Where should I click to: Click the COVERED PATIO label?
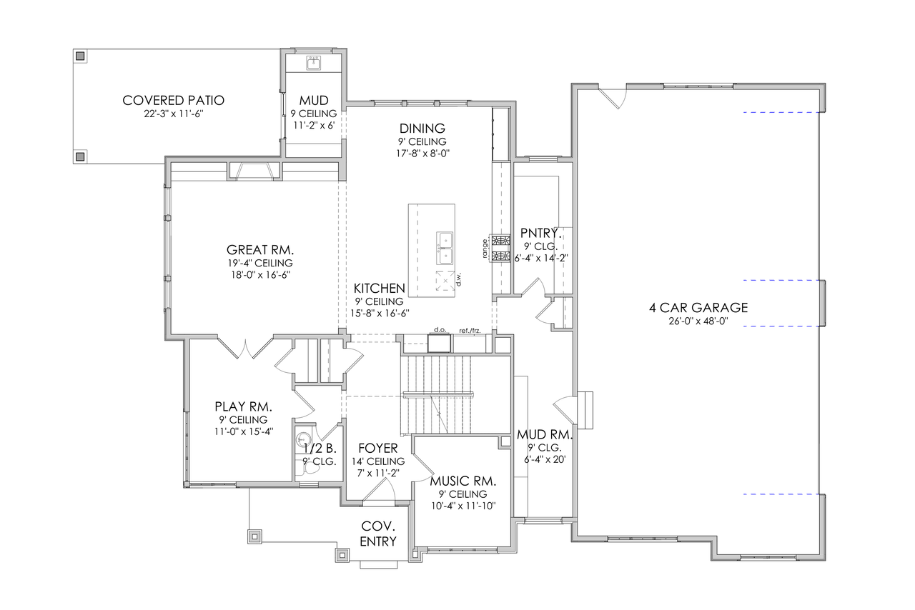point(172,100)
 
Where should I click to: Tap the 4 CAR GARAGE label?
point(698,308)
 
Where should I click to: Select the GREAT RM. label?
point(260,250)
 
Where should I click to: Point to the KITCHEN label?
point(380,289)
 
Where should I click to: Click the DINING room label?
point(422,129)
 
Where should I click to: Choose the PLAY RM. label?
point(243,406)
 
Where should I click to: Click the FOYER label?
point(377,449)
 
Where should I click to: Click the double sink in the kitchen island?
point(445,247)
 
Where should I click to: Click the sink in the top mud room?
point(314,64)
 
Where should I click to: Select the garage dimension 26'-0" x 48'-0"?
point(698,321)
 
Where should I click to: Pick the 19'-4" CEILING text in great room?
point(260,263)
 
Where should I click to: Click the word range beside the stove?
point(485,248)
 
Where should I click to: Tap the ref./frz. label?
point(469,330)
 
